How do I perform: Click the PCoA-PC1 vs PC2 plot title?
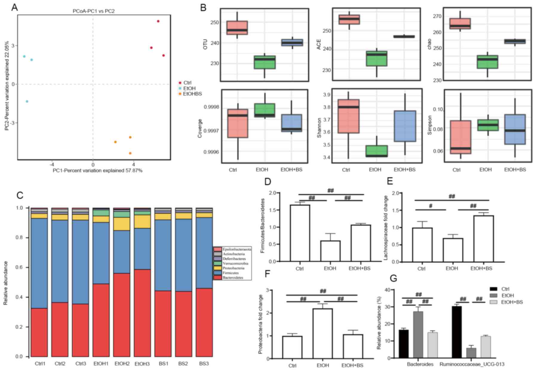pos(93,11)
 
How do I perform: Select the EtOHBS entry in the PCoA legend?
pos(192,94)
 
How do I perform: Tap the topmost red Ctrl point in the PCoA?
pos(158,21)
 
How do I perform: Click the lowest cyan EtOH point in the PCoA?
pos(27,101)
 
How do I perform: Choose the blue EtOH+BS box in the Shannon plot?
pos(405,126)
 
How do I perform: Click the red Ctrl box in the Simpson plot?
pos(460,137)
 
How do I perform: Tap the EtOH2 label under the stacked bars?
pos(122,364)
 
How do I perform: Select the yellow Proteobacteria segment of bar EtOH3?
pos(142,221)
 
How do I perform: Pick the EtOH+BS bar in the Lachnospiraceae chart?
pos(483,238)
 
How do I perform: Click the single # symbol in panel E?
pos(430,206)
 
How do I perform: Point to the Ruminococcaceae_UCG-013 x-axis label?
pos(472,364)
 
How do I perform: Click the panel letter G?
pos(394,278)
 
